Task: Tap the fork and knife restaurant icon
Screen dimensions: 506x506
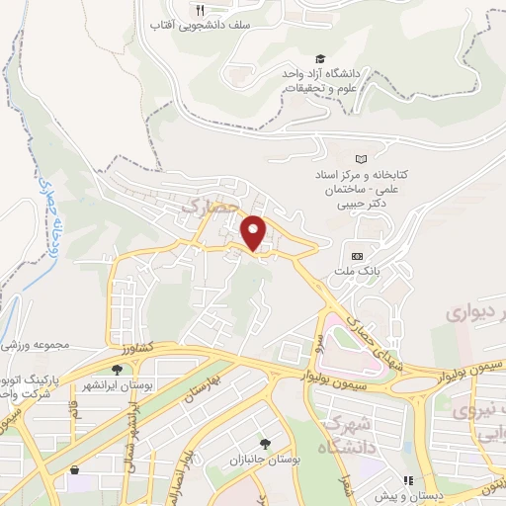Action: point(200,10)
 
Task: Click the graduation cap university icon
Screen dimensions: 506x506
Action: point(319,60)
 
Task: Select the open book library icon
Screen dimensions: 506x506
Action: point(361,158)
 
